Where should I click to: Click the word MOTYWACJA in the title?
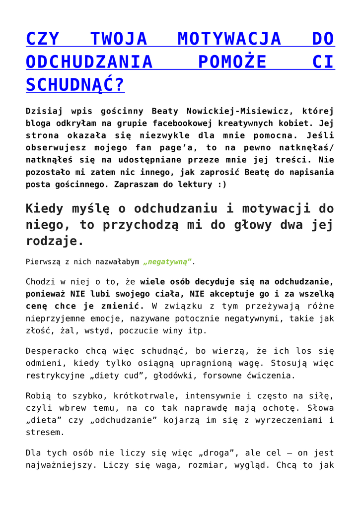click(229, 38)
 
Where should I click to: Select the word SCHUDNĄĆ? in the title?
click(75, 85)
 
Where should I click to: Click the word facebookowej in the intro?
click(188, 123)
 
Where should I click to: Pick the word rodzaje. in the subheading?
click(55, 242)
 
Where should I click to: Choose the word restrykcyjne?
click(56, 376)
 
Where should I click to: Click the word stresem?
click(45, 433)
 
